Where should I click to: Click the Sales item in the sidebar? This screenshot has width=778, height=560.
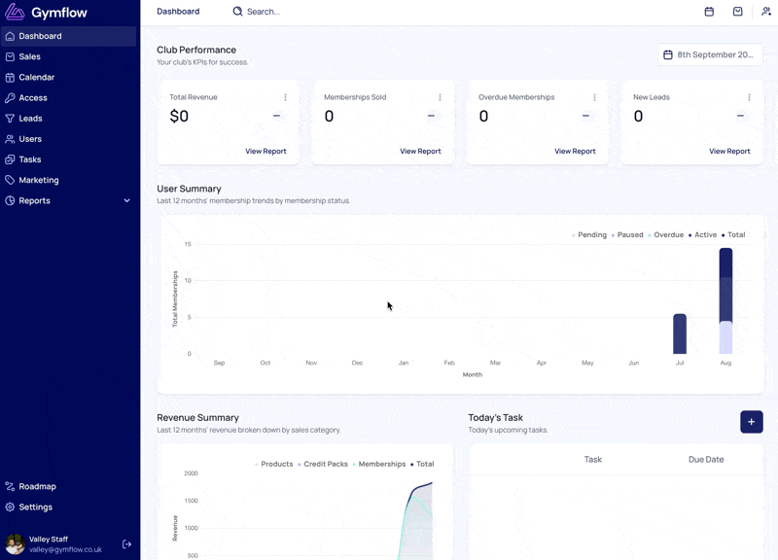(x=30, y=56)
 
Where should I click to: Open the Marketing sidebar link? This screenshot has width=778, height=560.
(x=39, y=180)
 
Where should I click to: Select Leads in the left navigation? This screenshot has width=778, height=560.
(x=30, y=119)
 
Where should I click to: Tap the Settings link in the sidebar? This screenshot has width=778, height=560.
(x=35, y=507)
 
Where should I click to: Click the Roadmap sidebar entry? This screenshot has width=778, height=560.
(x=37, y=486)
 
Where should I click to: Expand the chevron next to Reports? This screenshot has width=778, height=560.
(x=127, y=200)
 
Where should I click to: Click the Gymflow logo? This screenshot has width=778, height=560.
(x=46, y=13)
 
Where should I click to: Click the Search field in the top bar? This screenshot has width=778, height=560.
(x=263, y=12)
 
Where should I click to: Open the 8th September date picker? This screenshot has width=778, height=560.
(x=710, y=54)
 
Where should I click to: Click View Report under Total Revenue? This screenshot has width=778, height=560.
(x=265, y=152)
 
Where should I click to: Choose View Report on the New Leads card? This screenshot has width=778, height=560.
(x=729, y=152)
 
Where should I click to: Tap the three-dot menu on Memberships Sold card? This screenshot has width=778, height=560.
(x=440, y=97)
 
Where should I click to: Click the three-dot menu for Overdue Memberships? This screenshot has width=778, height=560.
(x=594, y=97)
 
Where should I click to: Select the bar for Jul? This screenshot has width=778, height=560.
(x=680, y=333)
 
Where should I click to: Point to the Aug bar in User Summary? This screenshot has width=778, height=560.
(x=725, y=300)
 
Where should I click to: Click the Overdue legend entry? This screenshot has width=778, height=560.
(x=665, y=235)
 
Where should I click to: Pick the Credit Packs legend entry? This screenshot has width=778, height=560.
(x=323, y=465)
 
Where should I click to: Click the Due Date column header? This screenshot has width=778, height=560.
(x=706, y=460)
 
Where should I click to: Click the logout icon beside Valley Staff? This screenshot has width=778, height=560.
(x=127, y=544)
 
